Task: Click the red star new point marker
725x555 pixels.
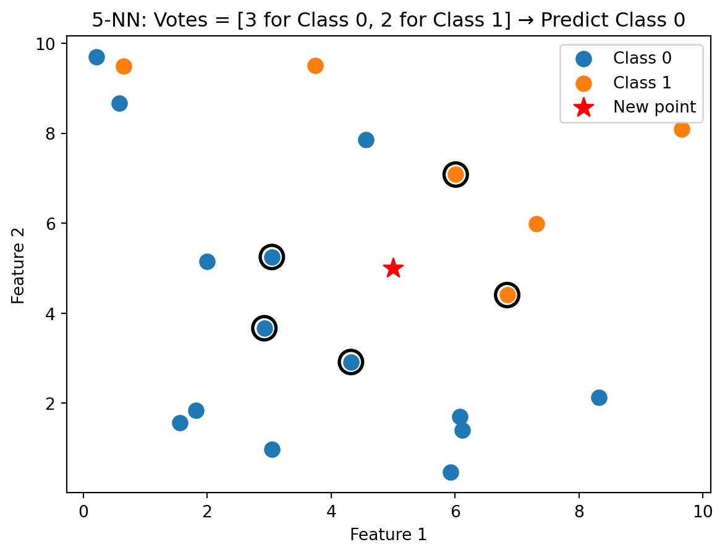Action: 393,268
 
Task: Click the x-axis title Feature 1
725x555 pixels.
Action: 388,535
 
